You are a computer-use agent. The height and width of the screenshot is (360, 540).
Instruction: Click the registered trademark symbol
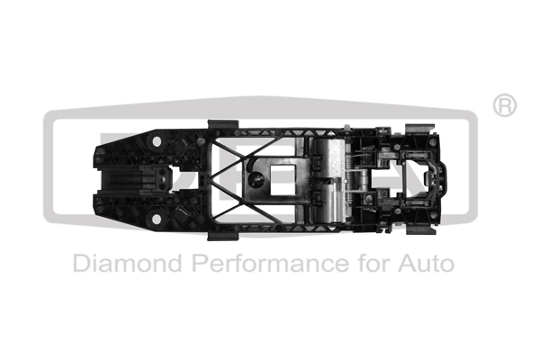point(505,105)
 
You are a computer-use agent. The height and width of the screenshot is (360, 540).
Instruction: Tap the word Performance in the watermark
point(256,265)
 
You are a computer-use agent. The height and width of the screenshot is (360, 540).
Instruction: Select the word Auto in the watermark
point(423,265)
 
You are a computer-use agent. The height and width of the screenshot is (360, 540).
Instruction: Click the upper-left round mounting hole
point(158,142)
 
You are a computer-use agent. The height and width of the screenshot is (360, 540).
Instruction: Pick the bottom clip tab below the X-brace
point(222,235)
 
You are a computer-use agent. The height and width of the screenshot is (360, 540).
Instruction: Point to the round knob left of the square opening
point(257,180)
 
